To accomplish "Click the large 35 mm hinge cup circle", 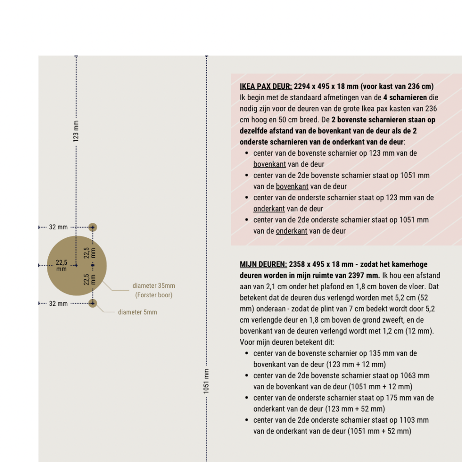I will point(68,280).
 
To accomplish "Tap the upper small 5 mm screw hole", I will point(92,227).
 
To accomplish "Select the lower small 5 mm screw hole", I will point(92,303).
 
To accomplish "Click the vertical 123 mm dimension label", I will point(76,131).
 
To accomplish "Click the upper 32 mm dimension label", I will point(58,227).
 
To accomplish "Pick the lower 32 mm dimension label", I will point(58,304).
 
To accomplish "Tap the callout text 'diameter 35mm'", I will point(153,286).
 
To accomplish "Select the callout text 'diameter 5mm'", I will point(137,312).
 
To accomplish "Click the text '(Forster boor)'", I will point(153,295).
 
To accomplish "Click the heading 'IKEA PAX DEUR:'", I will point(266,86).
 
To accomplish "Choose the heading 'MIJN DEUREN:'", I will point(263,264).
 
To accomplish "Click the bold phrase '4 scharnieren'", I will point(405,97).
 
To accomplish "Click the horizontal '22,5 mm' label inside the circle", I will point(61,266).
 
